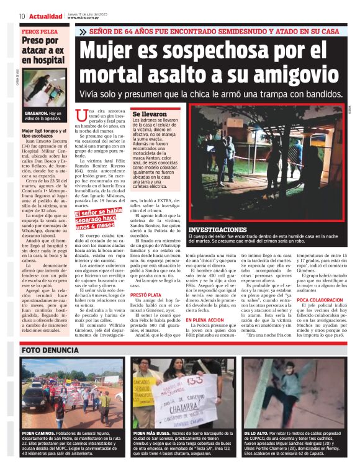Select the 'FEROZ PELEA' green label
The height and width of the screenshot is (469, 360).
40,30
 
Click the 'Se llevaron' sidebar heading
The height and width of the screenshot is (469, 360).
150,115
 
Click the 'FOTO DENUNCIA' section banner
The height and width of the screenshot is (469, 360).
50,350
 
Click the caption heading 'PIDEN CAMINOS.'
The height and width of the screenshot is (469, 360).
37,432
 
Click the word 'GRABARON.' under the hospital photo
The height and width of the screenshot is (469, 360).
37,114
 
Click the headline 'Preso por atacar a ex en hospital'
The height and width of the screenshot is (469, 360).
43,50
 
